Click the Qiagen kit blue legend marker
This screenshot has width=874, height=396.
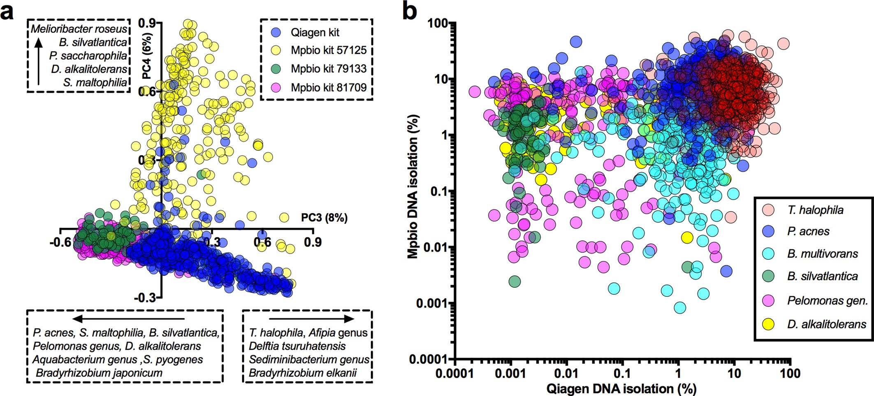tap(276, 32)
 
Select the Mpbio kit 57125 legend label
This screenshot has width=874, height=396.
tap(328, 50)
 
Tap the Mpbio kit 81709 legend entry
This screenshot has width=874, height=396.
tap(328, 87)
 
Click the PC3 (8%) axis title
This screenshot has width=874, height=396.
tap(324, 217)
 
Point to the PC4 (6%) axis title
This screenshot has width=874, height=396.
tap(147, 56)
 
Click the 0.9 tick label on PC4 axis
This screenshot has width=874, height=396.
tap(147, 23)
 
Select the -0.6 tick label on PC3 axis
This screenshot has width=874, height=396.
tap(61, 242)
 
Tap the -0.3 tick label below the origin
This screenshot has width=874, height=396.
tap(145, 297)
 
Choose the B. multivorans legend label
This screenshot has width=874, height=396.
tap(823, 254)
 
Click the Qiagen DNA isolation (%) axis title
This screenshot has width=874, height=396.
tap(621, 389)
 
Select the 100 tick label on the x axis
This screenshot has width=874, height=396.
tap(790, 373)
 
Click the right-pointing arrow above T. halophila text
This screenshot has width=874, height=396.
tap(311, 319)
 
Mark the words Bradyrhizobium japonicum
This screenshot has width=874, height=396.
tap(99, 373)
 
